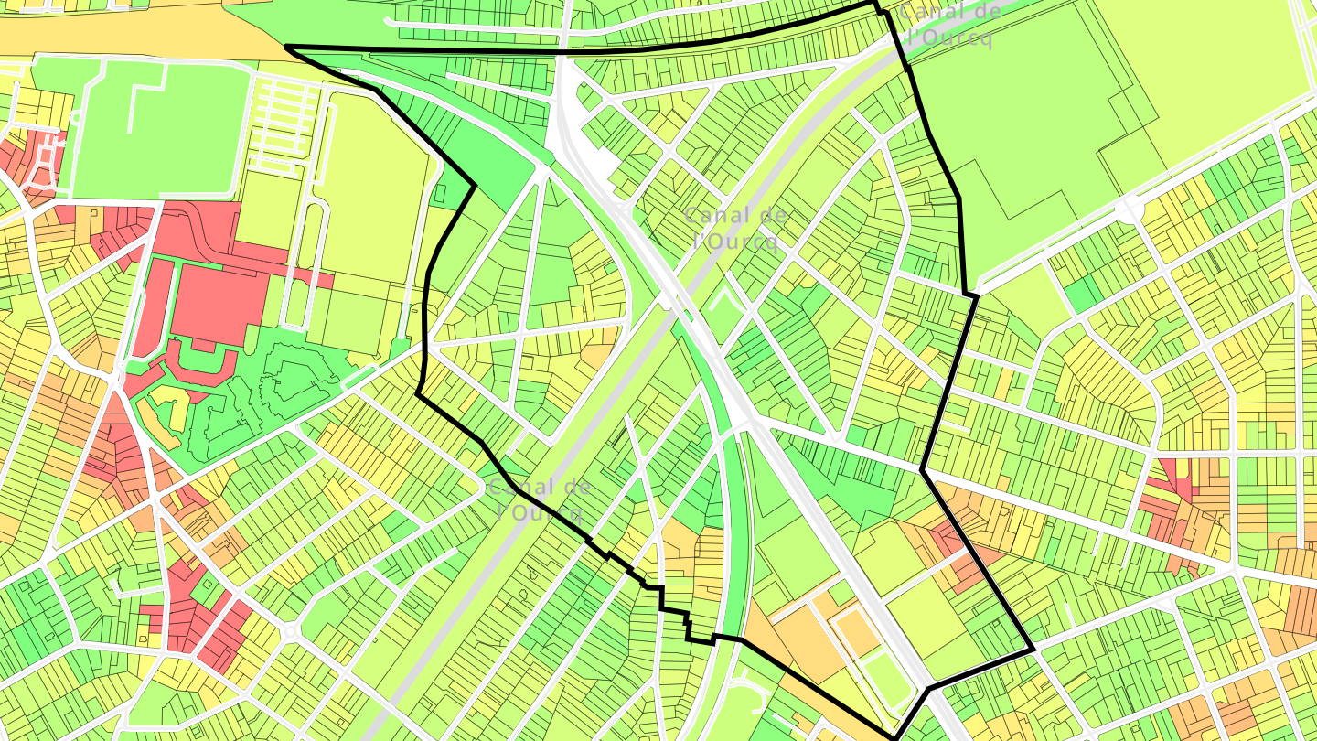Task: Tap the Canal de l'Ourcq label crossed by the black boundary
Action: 539,499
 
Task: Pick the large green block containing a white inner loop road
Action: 160,128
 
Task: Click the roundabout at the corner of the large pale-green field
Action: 1130,209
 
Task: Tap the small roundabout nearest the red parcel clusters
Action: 290,632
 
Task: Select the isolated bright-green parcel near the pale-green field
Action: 1084,293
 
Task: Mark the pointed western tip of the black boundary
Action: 288,47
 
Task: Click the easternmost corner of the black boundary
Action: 1033,650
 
